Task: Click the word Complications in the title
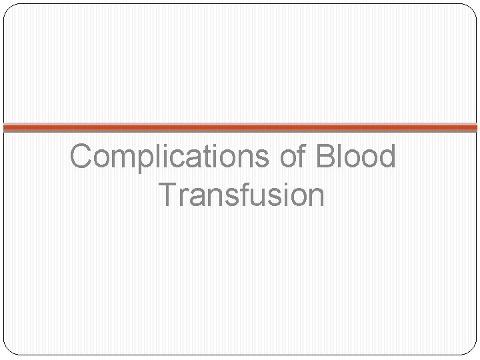(x=169, y=157)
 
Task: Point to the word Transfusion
(x=243, y=195)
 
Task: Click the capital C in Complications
(x=81, y=157)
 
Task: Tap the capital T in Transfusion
(x=169, y=195)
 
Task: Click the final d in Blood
(x=387, y=157)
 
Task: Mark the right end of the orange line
(x=476, y=126)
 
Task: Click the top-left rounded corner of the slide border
(x=8, y=8)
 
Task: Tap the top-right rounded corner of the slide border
(x=473, y=8)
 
